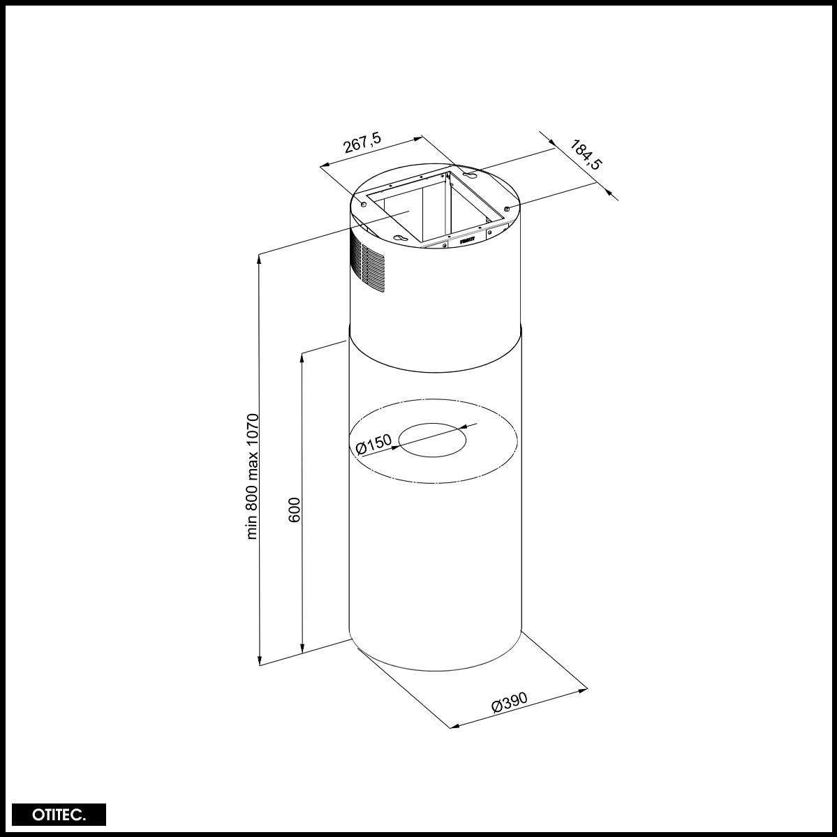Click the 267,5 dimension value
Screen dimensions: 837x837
pos(362,144)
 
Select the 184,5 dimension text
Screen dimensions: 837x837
pos(586,154)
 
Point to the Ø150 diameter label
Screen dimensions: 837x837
pos(373,444)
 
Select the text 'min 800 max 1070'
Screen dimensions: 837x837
pos(253,476)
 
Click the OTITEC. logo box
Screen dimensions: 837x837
pos(59,815)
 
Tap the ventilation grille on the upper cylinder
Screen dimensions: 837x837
pos(368,265)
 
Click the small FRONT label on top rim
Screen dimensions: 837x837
pos(467,239)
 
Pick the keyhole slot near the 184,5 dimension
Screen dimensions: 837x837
pos(470,175)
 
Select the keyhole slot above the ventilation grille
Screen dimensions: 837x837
pos(400,239)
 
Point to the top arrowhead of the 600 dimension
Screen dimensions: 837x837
pos(302,357)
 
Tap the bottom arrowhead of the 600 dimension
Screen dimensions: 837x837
pos(302,649)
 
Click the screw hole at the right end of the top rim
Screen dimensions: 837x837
pos(508,208)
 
